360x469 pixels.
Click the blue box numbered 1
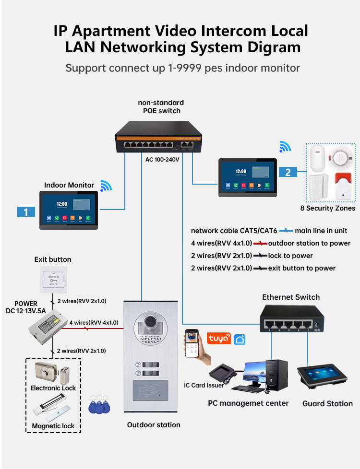[26, 211]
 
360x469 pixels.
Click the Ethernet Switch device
[291, 319]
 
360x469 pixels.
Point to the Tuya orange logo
[218, 338]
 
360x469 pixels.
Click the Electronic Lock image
[52, 372]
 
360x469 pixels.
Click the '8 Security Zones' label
[328, 208]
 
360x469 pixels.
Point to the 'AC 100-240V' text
[162, 160]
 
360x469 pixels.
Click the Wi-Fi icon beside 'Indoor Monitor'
[106, 186]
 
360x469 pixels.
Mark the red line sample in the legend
[260, 243]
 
